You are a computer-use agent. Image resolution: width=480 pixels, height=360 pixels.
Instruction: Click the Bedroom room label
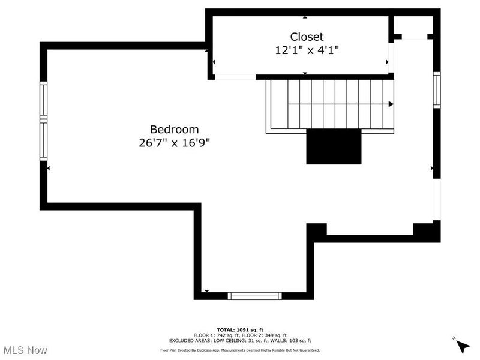(174, 129)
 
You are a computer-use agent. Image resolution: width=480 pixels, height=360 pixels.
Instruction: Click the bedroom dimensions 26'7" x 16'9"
(174, 143)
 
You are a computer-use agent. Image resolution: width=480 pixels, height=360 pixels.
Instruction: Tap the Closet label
(307, 37)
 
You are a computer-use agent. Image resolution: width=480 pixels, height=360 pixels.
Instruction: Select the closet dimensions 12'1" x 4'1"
(307, 50)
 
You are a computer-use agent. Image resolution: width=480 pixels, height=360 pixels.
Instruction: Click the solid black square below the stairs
(334, 146)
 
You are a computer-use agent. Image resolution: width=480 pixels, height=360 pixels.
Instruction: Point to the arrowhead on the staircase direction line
(391, 104)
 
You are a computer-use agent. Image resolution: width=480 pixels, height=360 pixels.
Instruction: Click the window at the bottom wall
(256, 295)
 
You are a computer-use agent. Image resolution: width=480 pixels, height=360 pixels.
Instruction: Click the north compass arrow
(462, 346)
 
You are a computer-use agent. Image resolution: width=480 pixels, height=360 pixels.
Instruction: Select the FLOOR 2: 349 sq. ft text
(265, 335)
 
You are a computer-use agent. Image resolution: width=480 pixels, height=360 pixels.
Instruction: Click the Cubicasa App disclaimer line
(240, 350)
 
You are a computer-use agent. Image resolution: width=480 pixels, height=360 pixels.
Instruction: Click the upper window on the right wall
(437, 90)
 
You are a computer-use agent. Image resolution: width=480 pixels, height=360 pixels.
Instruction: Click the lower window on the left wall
(43, 140)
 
